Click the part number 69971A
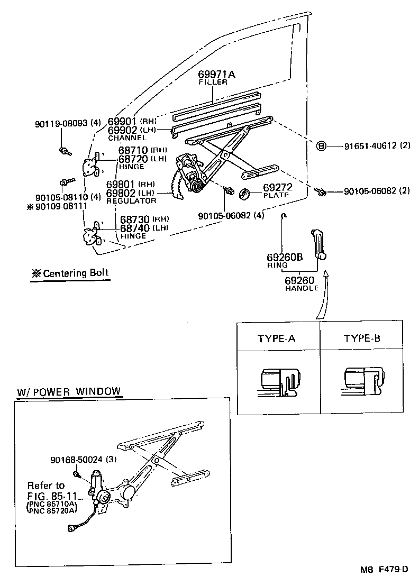(x=216, y=74)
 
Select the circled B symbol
(x=321, y=146)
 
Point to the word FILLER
(x=213, y=83)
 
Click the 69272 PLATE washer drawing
(x=245, y=194)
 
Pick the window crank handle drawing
(x=318, y=244)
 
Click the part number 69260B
(x=285, y=258)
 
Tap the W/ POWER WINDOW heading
(x=69, y=392)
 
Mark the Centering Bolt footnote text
(x=70, y=273)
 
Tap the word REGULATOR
(x=131, y=201)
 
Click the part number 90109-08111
(x=61, y=206)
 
